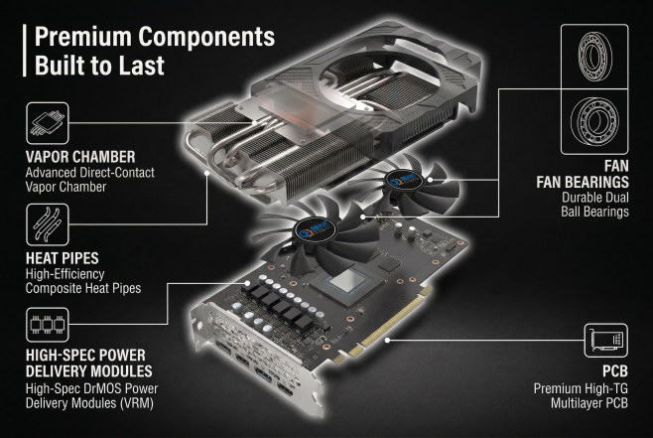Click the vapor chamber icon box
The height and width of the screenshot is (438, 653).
tap(48, 123)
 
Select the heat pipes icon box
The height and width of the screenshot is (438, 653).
tap(48, 224)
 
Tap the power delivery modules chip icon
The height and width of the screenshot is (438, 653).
tap(48, 325)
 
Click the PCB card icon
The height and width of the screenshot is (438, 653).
tap(606, 341)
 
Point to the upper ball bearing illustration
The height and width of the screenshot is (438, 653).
tap(594, 57)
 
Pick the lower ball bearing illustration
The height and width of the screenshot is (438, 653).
tap(594, 121)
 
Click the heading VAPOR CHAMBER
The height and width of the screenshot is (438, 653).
tap(80, 157)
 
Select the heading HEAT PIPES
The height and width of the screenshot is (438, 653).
tap(63, 258)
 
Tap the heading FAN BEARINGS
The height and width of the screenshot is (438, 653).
tap(583, 182)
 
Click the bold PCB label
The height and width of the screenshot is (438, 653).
tap(615, 370)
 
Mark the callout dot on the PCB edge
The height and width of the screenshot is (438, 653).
tap(387, 340)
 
